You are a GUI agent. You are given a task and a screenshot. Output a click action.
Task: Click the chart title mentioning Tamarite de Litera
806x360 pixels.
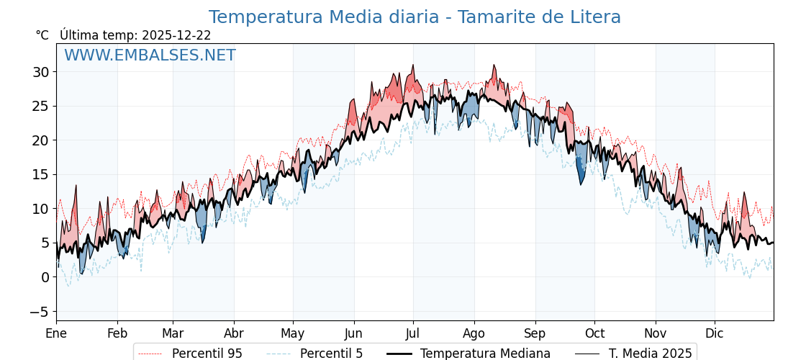[415, 17]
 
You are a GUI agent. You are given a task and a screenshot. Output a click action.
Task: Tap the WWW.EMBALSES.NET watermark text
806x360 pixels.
[150, 55]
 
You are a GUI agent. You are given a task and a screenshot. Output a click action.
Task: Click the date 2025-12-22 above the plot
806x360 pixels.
[176, 35]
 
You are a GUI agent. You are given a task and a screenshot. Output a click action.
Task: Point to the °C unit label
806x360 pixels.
[42, 35]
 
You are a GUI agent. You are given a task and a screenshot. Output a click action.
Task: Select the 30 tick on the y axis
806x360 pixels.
[40, 72]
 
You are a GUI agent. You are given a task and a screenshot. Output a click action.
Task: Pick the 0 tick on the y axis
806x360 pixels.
[45, 277]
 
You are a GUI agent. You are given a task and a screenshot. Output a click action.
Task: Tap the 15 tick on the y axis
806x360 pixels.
[40, 175]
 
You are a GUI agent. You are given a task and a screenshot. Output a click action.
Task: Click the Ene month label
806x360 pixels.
[56, 334]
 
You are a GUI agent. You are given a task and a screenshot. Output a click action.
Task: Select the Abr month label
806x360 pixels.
[234, 334]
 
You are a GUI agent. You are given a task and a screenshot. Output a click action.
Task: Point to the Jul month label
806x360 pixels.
[413, 334]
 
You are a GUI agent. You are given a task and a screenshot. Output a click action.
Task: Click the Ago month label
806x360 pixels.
[474, 334]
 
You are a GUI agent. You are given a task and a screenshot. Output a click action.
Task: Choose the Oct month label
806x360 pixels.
[594, 334]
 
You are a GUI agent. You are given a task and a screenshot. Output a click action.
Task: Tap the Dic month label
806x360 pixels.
[715, 334]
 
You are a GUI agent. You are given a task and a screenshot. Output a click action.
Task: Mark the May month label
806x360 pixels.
[293, 334]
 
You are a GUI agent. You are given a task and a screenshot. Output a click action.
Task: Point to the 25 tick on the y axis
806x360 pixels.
[40, 107]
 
